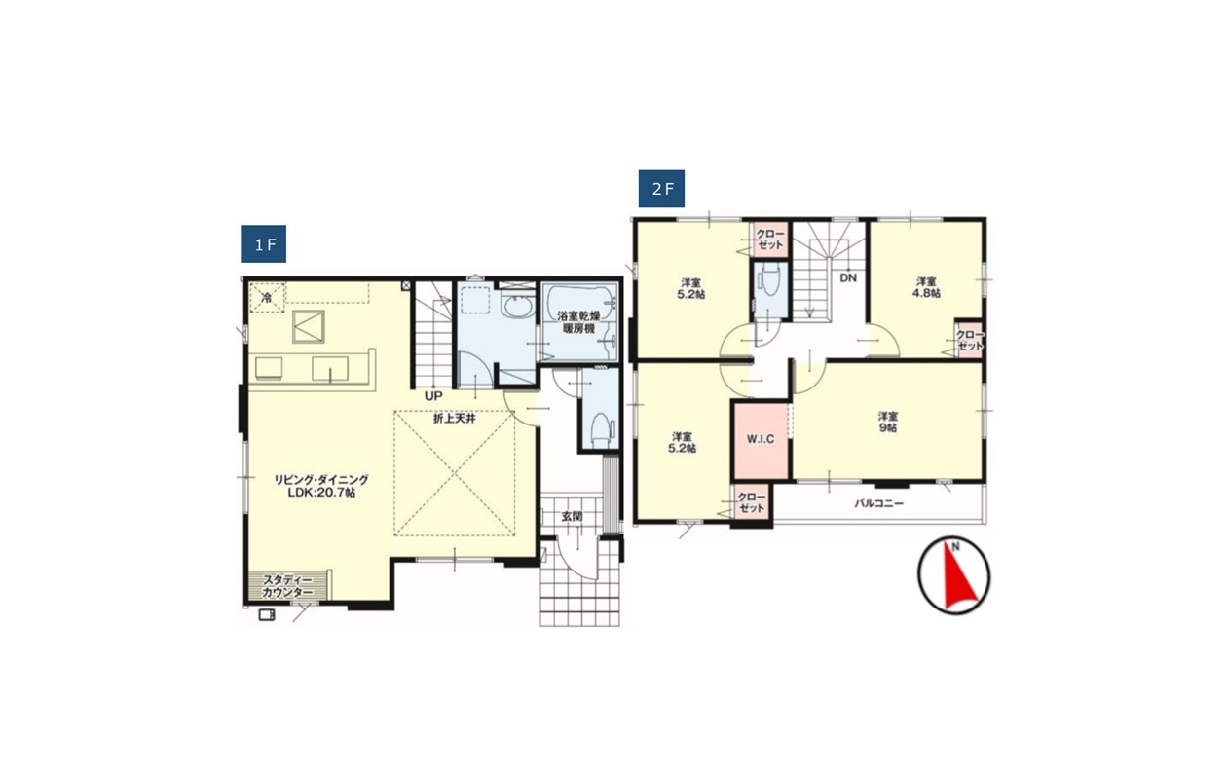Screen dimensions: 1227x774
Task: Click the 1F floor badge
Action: [x=264, y=244]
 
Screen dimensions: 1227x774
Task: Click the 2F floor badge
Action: [x=662, y=189]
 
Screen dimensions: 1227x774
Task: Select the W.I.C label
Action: [x=761, y=439]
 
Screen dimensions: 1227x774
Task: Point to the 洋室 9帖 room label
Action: [x=888, y=423]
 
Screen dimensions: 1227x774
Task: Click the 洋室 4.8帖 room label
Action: [x=926, y=287]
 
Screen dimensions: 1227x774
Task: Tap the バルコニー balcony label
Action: [x=879, y=503]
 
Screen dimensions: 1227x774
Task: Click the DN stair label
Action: [x=848, y=278]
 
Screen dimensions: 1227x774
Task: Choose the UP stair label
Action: [x=433, y=395]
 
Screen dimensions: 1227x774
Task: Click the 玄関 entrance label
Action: [x=572, y=517]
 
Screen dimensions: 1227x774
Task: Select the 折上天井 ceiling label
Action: [x=455, y=419]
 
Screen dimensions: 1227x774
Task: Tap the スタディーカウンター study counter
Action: [x=287, y=586]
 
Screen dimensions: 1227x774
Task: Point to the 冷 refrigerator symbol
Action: [x=267, y=298]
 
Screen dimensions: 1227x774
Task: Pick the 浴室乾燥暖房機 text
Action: [x=579, y=322]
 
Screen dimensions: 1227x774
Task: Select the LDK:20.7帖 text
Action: [x=322, y=493]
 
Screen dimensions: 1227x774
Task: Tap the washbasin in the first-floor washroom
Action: [x=517, y=309]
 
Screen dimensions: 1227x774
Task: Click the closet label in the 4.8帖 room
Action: [x=970, y=340]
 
